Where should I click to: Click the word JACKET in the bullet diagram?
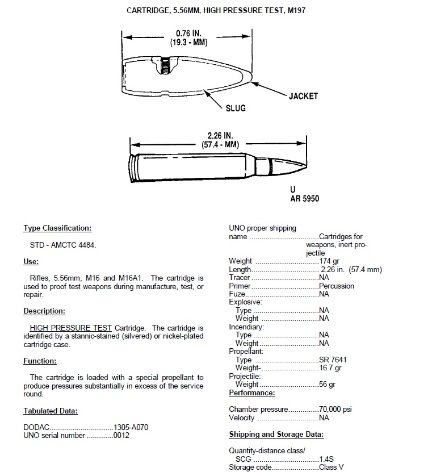pyautogui.click(x=303, y=96)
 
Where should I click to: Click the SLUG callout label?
pyautogui.click(x=236, y=108)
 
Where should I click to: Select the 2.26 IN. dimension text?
pyautogui.click(x=219, y=136)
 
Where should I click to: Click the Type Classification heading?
pyautogui.click(x=57, y=228)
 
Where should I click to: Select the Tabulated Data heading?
pyautogui.click(x=51, y=411)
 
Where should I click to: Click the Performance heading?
pyautogui.click(x=252, y=393)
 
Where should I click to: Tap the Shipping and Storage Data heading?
pyautogui.click(x=276, y=435)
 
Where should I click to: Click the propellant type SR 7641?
pyautogui.click(x=333, y=360)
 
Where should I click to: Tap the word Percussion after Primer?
pyautogui.click(x=337, y=286)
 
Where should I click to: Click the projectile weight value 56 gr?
pyautogui.click(x=328, y=385)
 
